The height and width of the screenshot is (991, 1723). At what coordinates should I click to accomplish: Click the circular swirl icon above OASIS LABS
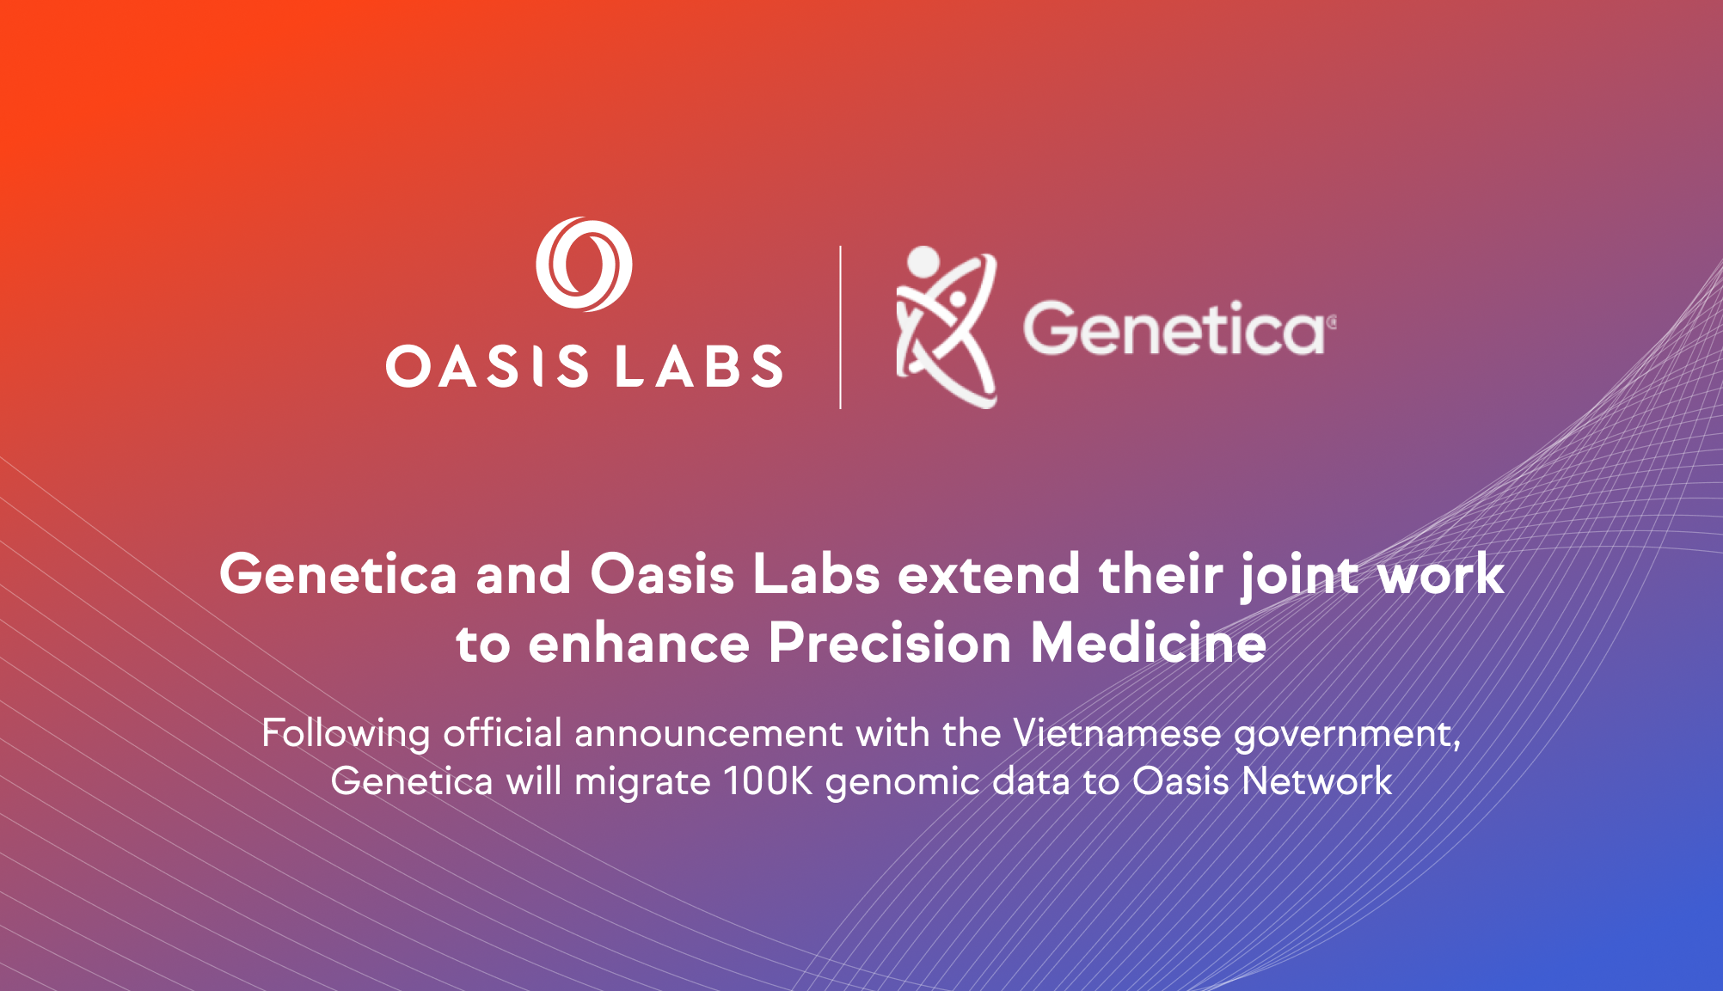pos(584,264)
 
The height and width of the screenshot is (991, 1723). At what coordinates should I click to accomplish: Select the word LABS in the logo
pos(699,367)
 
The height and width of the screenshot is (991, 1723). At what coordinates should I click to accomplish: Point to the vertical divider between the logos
pos(840,327)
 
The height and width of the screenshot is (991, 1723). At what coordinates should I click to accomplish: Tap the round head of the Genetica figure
pos(923,260)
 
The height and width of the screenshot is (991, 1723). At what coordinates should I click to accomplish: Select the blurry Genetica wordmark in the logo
pos(1174,329)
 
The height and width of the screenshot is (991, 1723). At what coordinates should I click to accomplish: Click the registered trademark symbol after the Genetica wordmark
pos(1332,322)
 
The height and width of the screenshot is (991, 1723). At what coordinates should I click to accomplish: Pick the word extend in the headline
pos(989,574)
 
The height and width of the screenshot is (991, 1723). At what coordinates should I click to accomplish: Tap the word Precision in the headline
pos(889,644)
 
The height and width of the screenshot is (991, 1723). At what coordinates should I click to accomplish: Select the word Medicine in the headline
pos(1149,644)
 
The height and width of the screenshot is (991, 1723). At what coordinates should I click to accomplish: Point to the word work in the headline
pos(1441,574)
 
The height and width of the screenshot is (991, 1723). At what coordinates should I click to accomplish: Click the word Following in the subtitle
pos(346,734)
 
